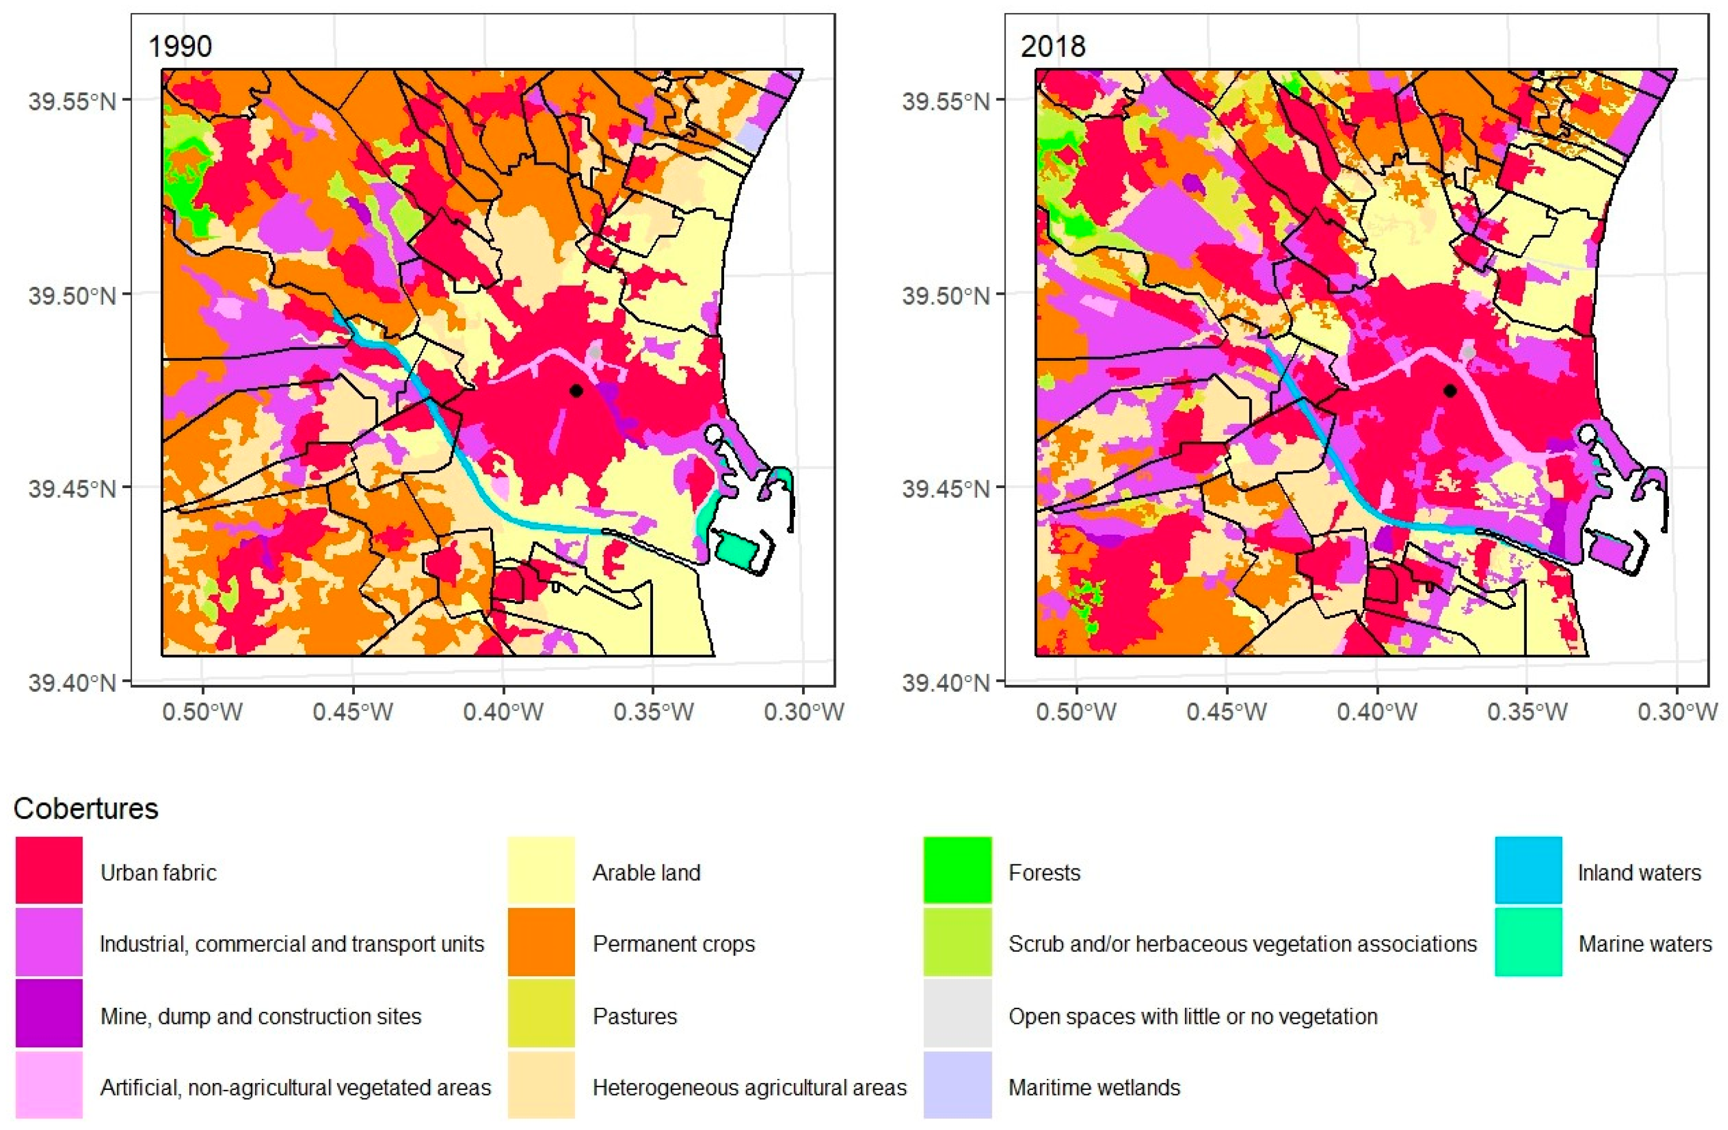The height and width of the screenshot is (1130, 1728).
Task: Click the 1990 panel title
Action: pyautogui.click(x=180, y=46)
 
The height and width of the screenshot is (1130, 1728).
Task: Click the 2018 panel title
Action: pyautogui.click(x=1053, y=46)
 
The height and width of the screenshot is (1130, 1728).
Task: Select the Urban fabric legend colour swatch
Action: pyautogui.click(x=49, y=871)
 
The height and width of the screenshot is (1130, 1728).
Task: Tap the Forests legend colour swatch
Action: pyautogui.click(x=957, y=871)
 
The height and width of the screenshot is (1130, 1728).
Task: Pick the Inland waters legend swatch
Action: pyautogui.click(x=1527, y=871)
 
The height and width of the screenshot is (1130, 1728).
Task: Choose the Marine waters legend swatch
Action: pyautogui.click(x=1527, y=942)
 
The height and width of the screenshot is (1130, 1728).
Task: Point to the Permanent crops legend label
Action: pyautogui.click(x=673, y=944)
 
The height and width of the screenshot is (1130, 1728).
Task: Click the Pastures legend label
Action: pyautogui.click(x=635, y=1015)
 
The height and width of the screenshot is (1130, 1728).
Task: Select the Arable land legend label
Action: pyautogui.click(x=646, y=872)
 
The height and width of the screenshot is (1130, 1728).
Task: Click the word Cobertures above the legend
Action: pyautogui.click(x=85, y=808)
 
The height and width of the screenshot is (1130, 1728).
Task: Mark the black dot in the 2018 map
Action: pyautogui.click(x=1450, y=391)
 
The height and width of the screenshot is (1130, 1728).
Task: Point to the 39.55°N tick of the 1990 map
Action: pyautogui.click(x=73, y=100)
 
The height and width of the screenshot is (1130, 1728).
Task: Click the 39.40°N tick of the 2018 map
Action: pyautogui.click(x=945, y=682)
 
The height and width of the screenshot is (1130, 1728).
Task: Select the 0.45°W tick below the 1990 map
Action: pyautogui.click(x=353, y=711)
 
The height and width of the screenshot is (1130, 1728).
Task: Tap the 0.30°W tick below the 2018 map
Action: pyautogui.click(x=1677, y=711)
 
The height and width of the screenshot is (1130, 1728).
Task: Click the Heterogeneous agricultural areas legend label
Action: pyautogui.click(x=749, y=1087)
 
